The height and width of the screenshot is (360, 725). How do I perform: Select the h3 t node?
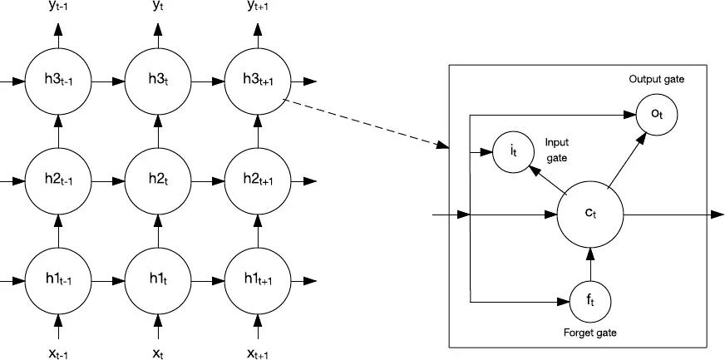coord(157,82)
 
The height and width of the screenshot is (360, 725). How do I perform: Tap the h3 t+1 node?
coord(258,82)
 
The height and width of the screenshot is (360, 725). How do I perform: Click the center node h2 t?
coord(157,180)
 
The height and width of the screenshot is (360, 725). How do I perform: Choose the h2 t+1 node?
coord(258,180)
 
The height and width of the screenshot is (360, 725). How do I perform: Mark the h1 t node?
coord(157,277)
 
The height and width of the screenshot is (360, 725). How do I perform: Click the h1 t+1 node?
coord(258,277)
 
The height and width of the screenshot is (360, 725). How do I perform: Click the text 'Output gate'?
coord(655,80)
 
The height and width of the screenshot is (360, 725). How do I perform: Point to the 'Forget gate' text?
coord(589,333)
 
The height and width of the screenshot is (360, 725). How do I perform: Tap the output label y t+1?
coord(258,9)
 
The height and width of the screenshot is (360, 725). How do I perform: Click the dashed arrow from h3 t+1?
coord(366,125)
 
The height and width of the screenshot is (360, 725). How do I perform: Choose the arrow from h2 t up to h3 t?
coord(157,131)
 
